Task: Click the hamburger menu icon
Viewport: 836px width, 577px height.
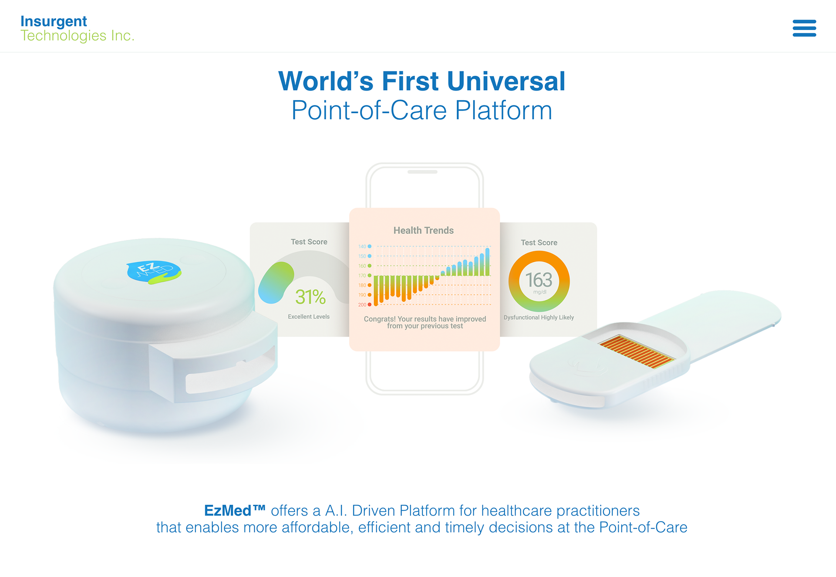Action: (x=804, y=28)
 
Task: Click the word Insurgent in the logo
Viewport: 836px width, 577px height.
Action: (x=54, y=21)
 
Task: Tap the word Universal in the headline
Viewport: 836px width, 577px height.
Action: (x=506, y=81)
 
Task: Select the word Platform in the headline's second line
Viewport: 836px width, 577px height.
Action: (x=504, y=110)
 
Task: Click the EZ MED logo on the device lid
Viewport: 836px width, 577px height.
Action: (x=154, y=272)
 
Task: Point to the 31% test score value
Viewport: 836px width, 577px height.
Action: (x=310, y=297)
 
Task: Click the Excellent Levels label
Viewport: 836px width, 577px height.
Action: (x=309, y=317)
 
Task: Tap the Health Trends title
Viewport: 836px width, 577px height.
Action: (x=424, y=230)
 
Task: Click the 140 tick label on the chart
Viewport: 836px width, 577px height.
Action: (x=362, y=246)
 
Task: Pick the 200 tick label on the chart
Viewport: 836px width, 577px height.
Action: (x=362, y=305)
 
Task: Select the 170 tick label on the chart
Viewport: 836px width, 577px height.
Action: (x=362, y=276)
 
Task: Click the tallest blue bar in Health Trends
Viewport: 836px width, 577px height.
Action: (x=487, y=262)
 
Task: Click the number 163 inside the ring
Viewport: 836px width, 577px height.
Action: (x=539, y=280)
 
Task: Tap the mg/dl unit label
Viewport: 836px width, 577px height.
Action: (x=540, y=292)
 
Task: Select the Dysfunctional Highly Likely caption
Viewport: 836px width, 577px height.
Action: (x=539, y=317)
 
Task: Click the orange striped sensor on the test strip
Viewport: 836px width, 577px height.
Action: (x=637, y=352)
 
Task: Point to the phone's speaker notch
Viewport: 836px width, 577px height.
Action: (x=422, y=172)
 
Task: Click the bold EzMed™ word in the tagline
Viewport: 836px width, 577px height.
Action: (x=235, y=510)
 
